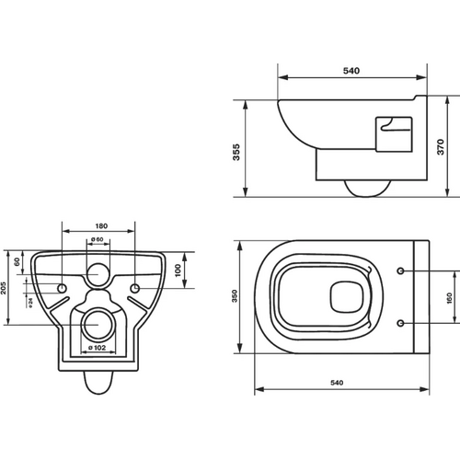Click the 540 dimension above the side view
coord(351,71)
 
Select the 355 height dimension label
coord(236,152)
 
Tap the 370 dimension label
coord(441,147)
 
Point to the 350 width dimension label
coord(235,296)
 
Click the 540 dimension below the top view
coord(337,383)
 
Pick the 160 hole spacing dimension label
coord(450,298)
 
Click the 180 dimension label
coord(101,226)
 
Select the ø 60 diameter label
coord(98,239)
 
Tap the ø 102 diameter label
coord(97,348)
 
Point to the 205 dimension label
coord(4,288)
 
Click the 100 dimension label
coord(178,270)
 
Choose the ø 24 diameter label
coord(30,303)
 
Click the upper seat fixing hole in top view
coord(400,270)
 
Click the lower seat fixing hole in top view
coord(400,323)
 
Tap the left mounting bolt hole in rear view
coord(63,288)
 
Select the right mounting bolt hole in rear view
coord(135,288)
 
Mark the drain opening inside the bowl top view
coord(347,297)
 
